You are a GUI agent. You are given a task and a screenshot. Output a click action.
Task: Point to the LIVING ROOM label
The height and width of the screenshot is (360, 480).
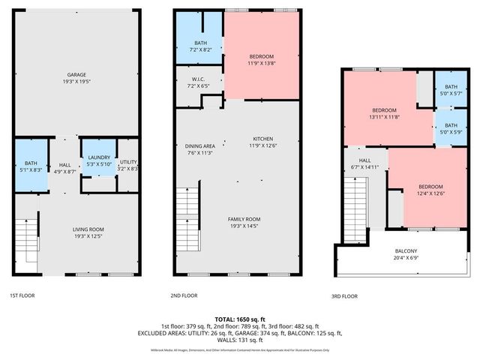[88, 232]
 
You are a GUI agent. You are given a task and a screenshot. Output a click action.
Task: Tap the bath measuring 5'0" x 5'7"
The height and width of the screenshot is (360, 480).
[451, 89]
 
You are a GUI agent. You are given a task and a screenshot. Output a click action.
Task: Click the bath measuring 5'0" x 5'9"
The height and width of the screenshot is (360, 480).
[451, 129]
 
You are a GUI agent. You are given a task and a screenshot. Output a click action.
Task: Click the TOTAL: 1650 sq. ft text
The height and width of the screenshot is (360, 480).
[240, 319]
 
